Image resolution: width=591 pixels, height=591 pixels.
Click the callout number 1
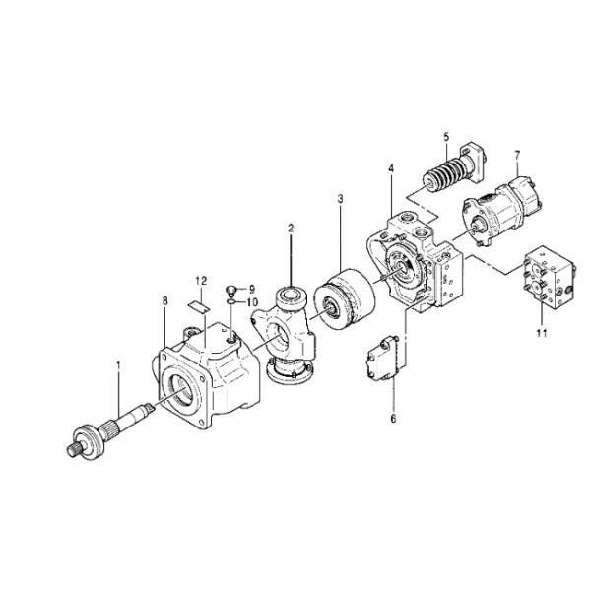(119, 364)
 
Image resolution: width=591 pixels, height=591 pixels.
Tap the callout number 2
(291, 229)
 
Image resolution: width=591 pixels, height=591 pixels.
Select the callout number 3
(341, 199)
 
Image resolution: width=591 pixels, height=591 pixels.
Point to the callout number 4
(391, 168)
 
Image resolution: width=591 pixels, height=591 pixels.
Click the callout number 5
(446, 137)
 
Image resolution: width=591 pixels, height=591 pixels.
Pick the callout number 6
(393, 419)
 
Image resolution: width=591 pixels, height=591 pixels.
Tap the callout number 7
(517, 155)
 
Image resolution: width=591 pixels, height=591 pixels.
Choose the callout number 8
(165, 301)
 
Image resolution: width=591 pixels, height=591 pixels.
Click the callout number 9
(252, 289)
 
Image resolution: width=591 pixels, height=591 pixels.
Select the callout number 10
(252, 302)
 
